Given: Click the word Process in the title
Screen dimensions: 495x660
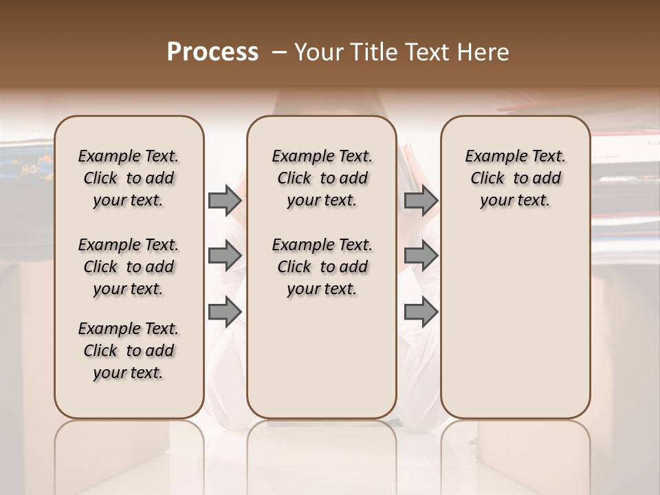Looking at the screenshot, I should coord(212,52).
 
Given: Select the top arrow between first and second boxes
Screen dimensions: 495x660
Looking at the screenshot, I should coord(225,201).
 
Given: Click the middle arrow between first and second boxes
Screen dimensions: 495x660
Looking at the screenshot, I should coord(225,256).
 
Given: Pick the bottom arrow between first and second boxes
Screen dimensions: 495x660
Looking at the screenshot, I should coord(225,312).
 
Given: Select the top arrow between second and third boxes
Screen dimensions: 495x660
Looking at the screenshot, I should coord(421,201).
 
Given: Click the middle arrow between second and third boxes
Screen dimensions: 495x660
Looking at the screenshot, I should coord(421,256).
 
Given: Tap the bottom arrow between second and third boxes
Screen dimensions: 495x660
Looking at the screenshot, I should coord(421,312).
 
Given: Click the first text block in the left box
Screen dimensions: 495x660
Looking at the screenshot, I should coord(129,178).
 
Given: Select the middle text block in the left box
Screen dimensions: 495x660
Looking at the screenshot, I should coord(129,267).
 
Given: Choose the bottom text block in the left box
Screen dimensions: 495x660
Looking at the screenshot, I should coord(129,351).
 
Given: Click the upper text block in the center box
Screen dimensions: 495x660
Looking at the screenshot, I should coord(322,178).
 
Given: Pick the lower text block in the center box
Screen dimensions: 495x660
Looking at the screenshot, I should coord(322,267).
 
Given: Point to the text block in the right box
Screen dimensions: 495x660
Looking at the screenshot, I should coord(515,178).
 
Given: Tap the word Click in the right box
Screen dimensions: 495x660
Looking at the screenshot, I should coord(487,179).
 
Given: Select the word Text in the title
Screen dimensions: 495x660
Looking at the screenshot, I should coord(423,52).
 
